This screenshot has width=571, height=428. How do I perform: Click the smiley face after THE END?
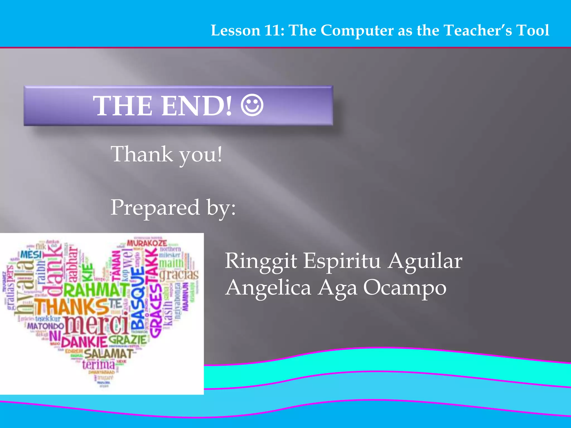click(x=252, y=106)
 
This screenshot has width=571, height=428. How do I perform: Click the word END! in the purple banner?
click(x=197, y=106)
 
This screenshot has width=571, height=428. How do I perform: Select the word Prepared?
click(x=155, y=208)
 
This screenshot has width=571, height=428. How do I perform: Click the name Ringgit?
click(x=261, y=261)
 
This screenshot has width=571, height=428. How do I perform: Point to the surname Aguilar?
click(x=425, y=261)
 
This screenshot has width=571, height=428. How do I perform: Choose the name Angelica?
click(x=268, y=288)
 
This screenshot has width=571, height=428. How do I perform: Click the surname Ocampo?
click(x=405, y=288)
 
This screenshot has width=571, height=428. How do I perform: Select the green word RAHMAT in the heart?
click(x=96, y=290)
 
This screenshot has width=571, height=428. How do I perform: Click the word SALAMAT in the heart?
click(x=108, y=354)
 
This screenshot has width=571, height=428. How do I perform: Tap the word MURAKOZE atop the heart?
click(x=147, y=243)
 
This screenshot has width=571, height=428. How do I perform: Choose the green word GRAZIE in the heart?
click(x=127, y=340)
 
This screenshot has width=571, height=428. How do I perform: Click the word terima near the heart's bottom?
click(x=98, y=364)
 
